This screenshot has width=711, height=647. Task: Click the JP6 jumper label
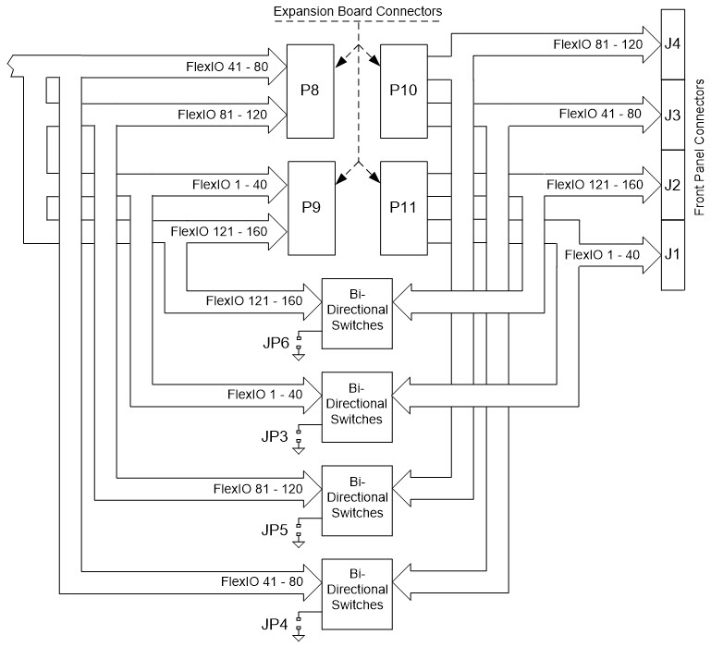coord(276,343)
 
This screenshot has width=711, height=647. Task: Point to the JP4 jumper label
coord(276,624)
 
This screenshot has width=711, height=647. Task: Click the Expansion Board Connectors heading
coord(357,10)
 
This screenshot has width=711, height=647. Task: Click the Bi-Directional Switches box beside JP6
coord(356,310)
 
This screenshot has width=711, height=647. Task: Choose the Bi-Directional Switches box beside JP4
coord(356,592)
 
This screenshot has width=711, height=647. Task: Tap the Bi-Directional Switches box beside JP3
coord(356,405)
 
